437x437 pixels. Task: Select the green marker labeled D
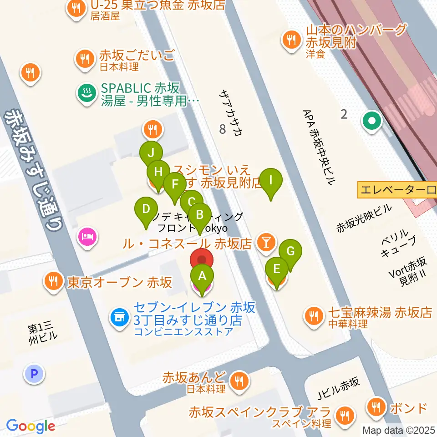click(x=146, y=210)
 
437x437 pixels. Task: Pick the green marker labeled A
click(x=202, y=275)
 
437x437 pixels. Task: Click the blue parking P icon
click(x=34, y=374)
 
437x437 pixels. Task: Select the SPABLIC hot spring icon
click(x=85, y=93)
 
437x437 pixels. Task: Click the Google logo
click(x=30, y=426)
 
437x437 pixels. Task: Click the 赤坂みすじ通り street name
click(x=34, y=171)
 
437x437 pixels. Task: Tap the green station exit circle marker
click(x=372, y=121)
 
